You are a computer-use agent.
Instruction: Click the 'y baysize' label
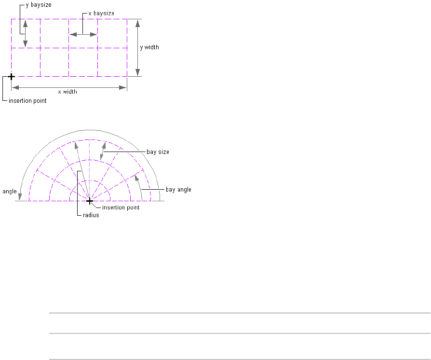(x=39, y=5)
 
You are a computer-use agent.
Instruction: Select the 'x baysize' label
(x=101, y=13)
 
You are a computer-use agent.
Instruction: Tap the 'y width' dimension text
(x=149, y=47)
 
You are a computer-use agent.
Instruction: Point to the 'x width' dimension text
(x=67, y=92)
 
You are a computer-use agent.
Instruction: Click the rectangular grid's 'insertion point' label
(x=27, y=101)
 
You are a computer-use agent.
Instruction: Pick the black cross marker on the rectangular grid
(x=11, y=77)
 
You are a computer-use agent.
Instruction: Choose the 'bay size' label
(x=158, y=152)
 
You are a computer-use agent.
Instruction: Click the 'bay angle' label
(x=178, y=190)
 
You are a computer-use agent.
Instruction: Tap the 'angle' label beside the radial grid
(x=10, y=192)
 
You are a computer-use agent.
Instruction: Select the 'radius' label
(x=91, y=215)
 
